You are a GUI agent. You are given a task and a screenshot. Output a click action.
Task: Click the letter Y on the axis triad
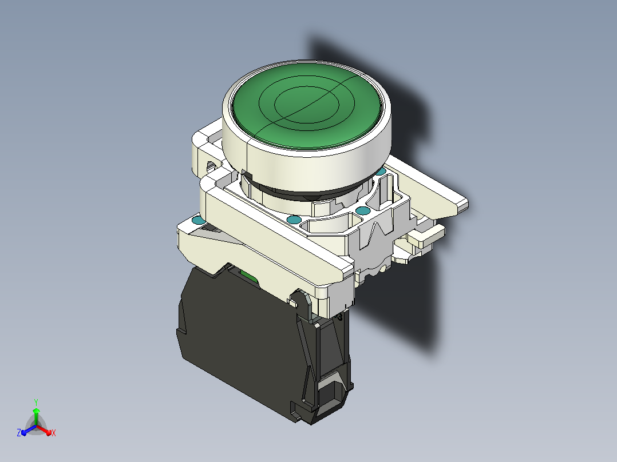(36, 402)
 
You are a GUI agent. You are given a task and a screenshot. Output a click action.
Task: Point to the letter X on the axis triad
(54, 433)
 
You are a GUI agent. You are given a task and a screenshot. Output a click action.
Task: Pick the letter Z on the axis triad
(19, 432)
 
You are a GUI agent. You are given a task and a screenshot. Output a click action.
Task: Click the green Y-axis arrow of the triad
(36, 416)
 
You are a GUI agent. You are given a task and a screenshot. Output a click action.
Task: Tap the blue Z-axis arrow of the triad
(29, 430)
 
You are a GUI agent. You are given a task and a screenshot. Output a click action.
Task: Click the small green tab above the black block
(248, 276)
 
